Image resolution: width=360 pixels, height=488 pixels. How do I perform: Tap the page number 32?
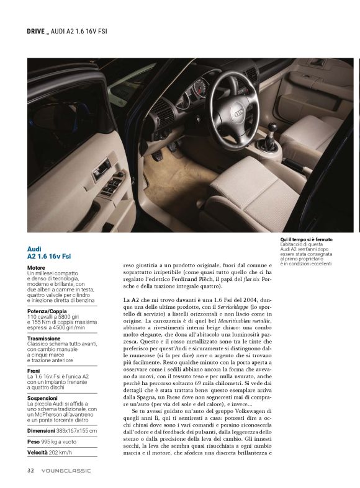tap(30, 471)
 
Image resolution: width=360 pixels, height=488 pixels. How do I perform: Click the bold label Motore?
tap(36, 268)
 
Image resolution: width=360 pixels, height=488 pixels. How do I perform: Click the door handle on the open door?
tap(101, 168)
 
